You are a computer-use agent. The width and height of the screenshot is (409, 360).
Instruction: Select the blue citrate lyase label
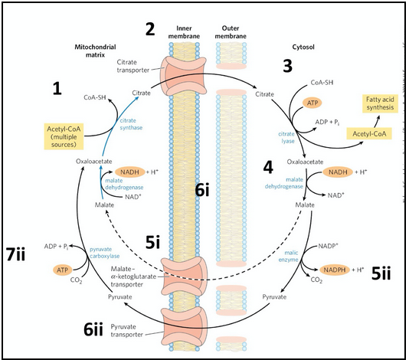[x=288, y=136]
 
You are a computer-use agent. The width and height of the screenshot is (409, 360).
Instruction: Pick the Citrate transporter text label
[x=135, y=65]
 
